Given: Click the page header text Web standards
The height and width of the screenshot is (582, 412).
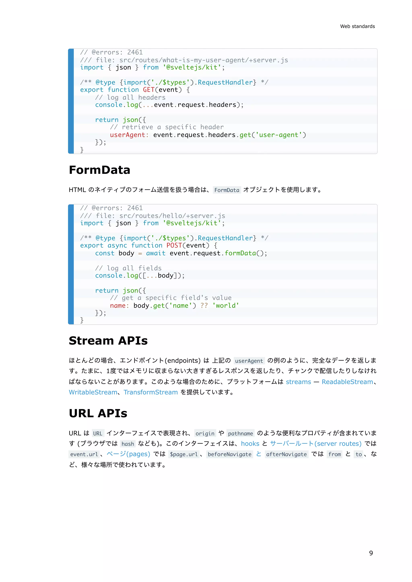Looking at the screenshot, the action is point(357,26).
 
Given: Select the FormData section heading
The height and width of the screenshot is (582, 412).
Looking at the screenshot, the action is point(99,170).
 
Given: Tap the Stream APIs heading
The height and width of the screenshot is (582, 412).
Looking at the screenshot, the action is point(108,340).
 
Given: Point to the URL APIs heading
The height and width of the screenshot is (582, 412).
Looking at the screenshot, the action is point(98,413).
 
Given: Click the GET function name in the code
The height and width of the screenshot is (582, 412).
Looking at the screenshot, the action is point(149,90).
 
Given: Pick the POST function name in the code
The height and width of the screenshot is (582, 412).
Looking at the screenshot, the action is point(174,245).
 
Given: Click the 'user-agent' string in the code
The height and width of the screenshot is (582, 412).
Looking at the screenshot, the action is point(279,135).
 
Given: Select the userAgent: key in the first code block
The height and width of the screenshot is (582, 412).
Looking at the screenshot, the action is point(129,135).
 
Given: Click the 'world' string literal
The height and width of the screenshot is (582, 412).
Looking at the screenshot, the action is point(226,305).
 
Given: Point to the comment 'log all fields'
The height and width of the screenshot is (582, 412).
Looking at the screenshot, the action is point(128,268).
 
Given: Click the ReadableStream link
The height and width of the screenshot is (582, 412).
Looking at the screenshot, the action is point(347,382).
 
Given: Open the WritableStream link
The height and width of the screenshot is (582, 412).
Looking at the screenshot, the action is point(93,392).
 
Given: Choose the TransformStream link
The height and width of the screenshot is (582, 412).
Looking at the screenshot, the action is point(151,392).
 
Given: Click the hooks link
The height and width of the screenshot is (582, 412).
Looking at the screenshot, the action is point(250,444).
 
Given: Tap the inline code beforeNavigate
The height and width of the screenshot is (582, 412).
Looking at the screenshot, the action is point(229,454).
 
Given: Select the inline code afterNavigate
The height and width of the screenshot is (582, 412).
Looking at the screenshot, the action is point(286,454).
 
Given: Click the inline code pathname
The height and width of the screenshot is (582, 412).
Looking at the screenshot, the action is point(240,433).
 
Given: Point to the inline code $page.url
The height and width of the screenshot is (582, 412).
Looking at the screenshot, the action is point(184,454).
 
